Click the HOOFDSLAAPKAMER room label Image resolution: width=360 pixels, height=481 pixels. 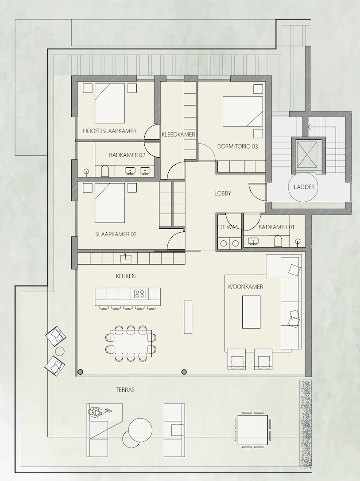[109, 131]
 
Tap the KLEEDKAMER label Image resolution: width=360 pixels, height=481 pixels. [178, 135]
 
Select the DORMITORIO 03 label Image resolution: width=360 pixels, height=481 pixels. [237, 146]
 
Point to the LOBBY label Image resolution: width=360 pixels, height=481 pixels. [222, 193]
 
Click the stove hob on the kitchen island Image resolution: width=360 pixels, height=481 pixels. [139, 294]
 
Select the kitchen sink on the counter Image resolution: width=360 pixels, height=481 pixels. [125, 258]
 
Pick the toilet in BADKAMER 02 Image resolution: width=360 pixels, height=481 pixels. [105, 171]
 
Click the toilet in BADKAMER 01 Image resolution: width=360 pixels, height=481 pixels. [278, 241]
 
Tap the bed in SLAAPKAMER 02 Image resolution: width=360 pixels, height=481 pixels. [109, 203]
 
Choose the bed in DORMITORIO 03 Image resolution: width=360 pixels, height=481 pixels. [243, 112]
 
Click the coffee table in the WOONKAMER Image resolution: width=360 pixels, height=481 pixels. [251, 312]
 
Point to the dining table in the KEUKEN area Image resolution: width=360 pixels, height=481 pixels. [131, 343]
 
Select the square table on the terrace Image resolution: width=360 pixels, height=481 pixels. [252, 430]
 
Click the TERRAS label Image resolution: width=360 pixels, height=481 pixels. [125, 390]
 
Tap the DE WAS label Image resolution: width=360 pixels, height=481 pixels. [228, 227]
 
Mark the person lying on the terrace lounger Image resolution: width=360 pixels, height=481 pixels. [99, 411]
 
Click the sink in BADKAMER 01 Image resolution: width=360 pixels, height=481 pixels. [253, 241]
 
